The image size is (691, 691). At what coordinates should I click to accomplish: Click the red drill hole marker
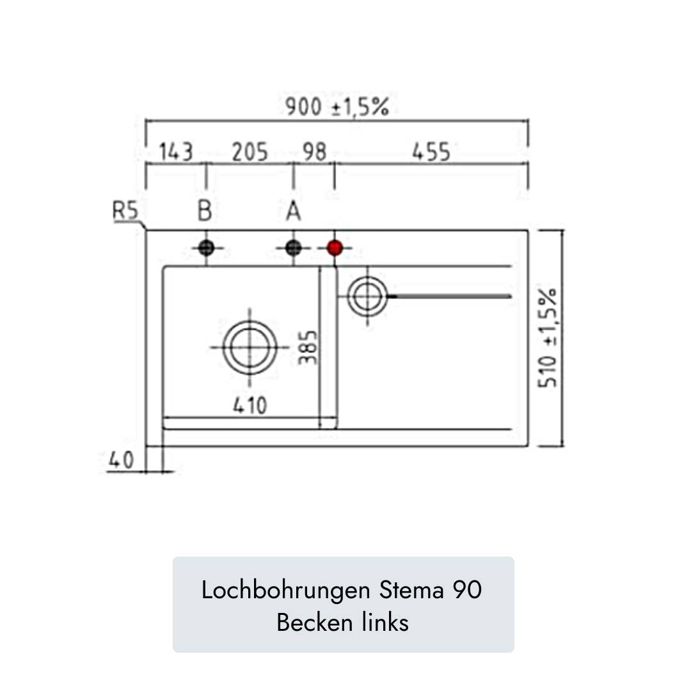coord(335,248)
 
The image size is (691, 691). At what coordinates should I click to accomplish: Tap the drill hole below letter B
coord(206,248)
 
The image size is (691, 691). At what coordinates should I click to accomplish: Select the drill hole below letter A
coord(294,248)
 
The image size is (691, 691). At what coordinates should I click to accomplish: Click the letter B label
coord(205,210)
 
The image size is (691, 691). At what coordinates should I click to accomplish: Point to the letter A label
coord(294,210)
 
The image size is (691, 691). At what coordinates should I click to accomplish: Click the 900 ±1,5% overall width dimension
coord(337,107)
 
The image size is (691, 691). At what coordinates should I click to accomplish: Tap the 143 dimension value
coord(176,152)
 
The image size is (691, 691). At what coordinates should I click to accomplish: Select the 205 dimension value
coord(250,152)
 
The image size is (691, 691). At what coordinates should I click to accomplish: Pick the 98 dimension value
coord(314,152)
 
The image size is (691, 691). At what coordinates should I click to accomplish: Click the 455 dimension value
coord(431,152)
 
